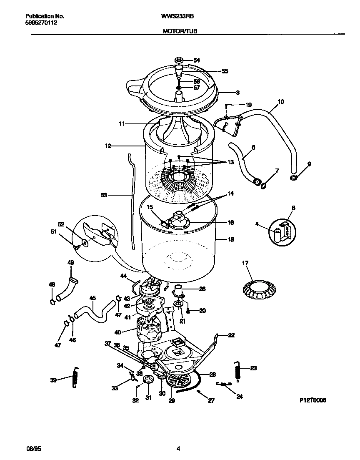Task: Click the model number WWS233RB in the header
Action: point(177,16)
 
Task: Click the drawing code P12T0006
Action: point(312,400)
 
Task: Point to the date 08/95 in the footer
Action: point(34,449)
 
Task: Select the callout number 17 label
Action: point(245,263)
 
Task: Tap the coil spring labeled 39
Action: point(75,378)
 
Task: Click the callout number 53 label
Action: point(104,194)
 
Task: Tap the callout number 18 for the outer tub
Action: point(231,240)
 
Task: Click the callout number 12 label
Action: point(108,146)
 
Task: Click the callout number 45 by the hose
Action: point(92,298)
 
